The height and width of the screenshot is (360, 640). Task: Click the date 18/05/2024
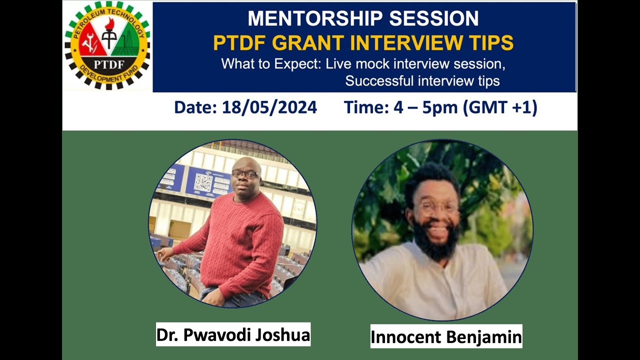[269, 107]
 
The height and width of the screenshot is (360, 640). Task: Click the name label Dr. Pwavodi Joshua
[233, 335]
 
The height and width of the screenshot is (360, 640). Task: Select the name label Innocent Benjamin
[446, 337]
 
